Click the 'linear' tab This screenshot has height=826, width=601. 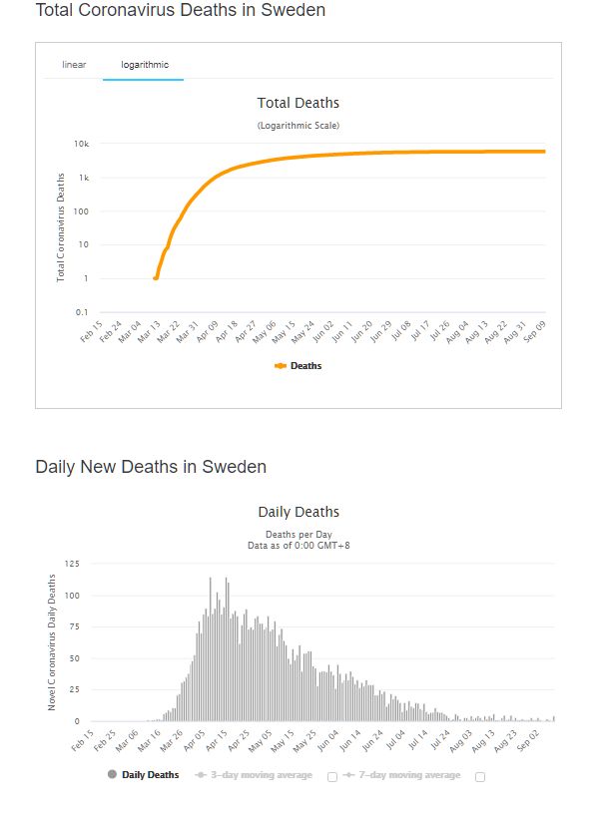coord(74,65)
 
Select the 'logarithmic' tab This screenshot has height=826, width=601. coord(145,65)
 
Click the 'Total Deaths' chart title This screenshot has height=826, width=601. coord(299,103)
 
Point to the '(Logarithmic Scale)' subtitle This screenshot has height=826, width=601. coord(299,126)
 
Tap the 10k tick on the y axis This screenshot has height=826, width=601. coord(82,144)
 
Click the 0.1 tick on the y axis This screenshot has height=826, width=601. coord(82,312)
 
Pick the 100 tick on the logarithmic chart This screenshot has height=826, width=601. coord(82,211)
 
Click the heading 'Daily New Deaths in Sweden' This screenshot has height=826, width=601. coord(151,467)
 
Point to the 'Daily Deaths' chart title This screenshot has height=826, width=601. coord(299,512)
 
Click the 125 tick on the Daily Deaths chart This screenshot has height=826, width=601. coord(72,565)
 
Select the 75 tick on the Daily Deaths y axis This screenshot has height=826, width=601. coord(74,627)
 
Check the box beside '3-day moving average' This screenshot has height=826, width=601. coord(332,776)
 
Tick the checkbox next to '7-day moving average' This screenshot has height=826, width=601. coord(480,776)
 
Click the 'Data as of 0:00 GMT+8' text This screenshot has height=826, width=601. coord(299,546)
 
